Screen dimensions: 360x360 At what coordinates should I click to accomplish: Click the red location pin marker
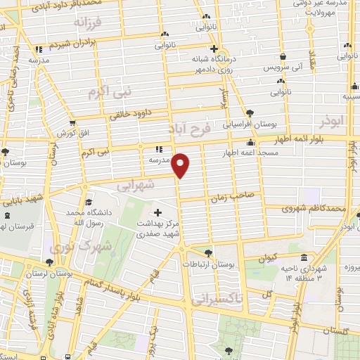coord(181,165)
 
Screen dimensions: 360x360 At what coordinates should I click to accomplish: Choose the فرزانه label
coord(87,22)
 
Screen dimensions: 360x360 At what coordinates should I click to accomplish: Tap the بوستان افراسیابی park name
coord(277,122)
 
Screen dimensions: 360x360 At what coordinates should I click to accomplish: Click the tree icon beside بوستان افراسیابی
coord(250,112)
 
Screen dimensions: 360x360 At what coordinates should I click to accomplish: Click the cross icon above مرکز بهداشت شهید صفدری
coord(157,212)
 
